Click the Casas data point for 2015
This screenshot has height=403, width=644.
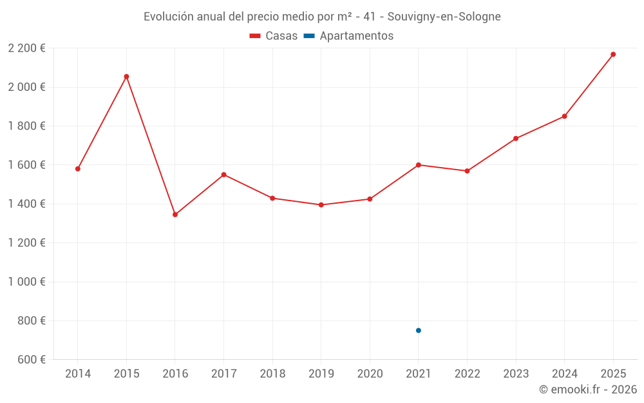[x=126, y=77]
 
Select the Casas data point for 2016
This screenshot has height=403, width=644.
[x=175, y=215]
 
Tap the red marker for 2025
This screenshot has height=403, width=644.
[x=613, y=54]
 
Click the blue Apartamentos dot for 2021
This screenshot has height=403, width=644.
[x=419, y=330]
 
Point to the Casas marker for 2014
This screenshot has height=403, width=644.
[x=78, y=169]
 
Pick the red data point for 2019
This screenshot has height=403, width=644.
[x=321, y=205]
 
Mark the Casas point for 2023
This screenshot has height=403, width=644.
[x=516, y=139]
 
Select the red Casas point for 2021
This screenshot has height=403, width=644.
[x=419, y=165]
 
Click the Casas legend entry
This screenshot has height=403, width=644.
[x=274, y=36]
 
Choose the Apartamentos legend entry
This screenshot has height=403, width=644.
[x=348, y=36]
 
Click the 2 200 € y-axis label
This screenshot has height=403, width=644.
[x=26, y=48]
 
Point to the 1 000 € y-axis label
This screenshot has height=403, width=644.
[x=26, y=282]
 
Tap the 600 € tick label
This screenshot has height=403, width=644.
[x=30, y=360]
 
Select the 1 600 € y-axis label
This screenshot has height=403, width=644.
[x=26, y=165]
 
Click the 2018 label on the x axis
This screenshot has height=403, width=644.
[x=272, y=374]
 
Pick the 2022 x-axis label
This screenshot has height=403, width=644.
[x=467, y=374]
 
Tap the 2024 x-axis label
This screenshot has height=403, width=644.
[x=564, y=374]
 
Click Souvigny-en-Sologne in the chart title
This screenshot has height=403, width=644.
[x=444, y=17]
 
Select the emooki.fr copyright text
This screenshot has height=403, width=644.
[x=587, y=389]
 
